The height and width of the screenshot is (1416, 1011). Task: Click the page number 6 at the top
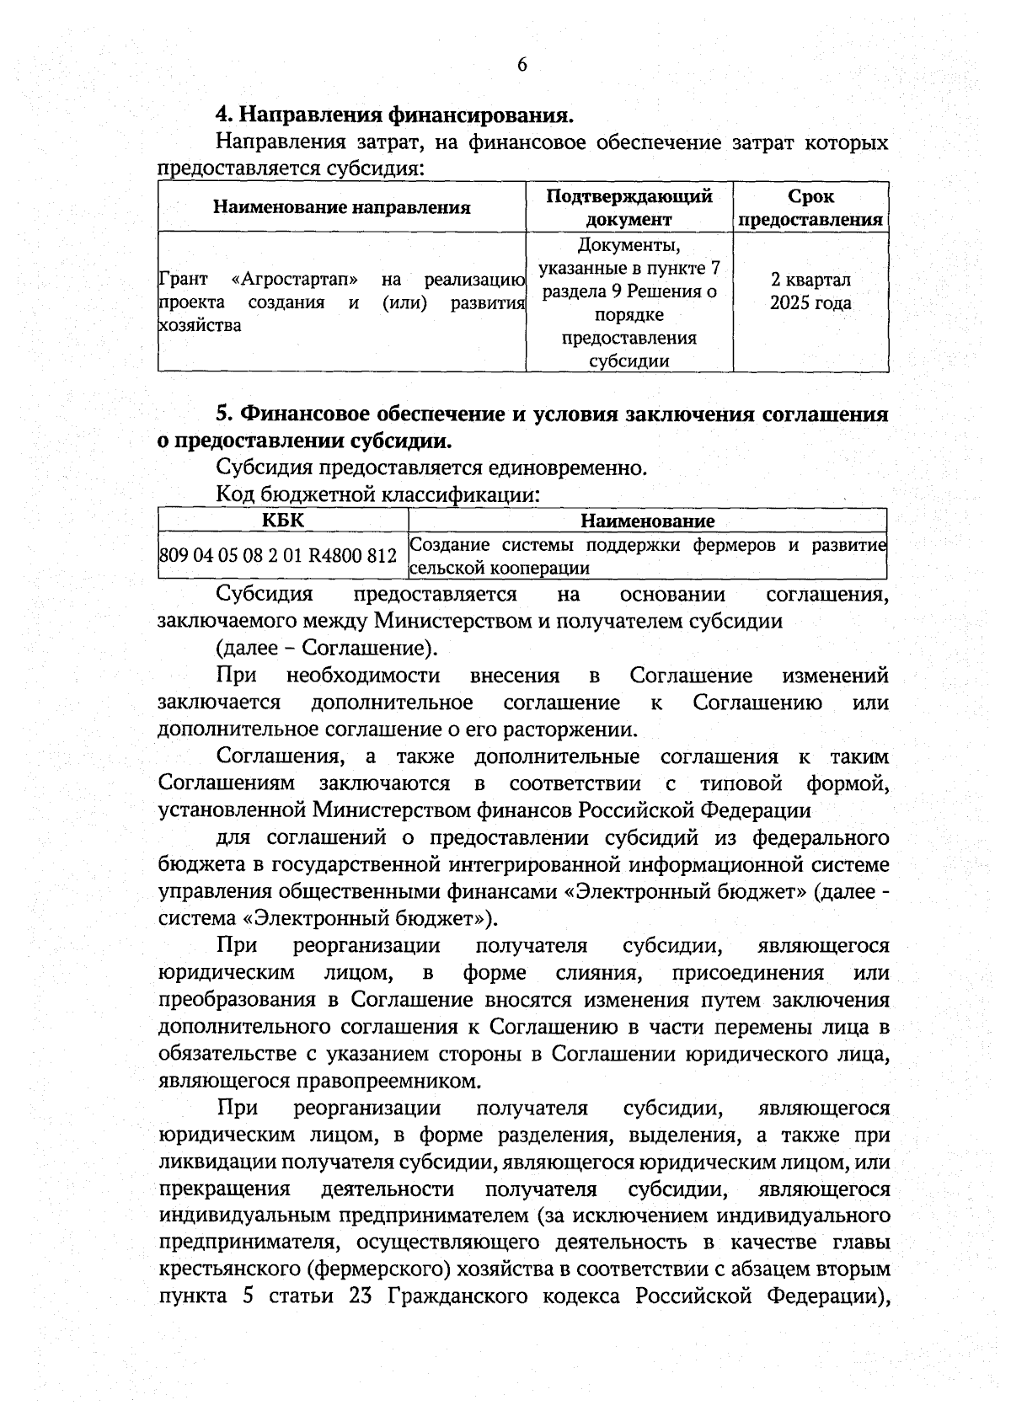[x=522, y=66]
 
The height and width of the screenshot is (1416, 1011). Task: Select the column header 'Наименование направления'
[x=341, y=207]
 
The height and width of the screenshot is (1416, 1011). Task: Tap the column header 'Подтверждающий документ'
[x=629, y=207]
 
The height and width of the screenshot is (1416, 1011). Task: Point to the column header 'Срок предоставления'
[x=810, y=207]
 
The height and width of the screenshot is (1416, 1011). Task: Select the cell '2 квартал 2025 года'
[x=810, y=291]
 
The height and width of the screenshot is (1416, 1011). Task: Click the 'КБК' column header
[x=283, y=521]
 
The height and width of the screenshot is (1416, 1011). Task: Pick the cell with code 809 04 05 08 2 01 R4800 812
[x=277, y=557]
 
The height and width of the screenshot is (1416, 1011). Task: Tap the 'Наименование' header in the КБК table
[x=647, y=521]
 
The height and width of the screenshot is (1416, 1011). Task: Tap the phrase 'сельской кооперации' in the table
[x=499, y=569]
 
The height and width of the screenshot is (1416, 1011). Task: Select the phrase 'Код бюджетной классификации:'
[x=377, y=494]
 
